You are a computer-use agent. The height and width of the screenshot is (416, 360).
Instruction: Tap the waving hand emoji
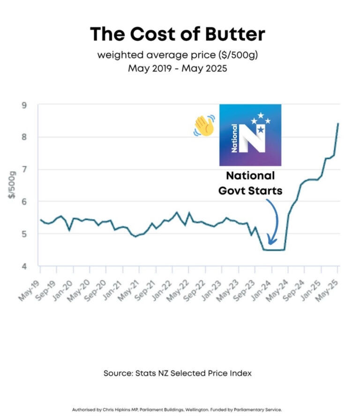coord(204,126)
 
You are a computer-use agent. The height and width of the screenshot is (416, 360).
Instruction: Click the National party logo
coord(250,135)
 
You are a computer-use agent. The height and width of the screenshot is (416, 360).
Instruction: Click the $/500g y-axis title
coord(12,185)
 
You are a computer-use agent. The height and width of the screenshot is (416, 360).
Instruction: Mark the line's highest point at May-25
coord(338,124)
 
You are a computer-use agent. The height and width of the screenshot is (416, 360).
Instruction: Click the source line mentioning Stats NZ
coord(178,373)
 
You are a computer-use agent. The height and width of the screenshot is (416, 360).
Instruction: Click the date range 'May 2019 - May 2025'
coord(178,68)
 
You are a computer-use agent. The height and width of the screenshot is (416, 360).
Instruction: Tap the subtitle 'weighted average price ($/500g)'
coord(178,55)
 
